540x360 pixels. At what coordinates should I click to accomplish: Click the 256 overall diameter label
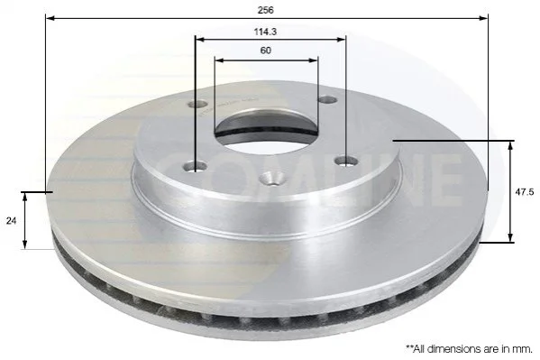266,10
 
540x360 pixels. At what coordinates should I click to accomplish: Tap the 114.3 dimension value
265,32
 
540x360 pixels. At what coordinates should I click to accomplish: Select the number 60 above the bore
266,51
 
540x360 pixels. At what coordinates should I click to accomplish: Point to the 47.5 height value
524,192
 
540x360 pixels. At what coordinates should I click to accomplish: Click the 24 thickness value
11,221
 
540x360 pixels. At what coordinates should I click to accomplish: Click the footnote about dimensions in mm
469,348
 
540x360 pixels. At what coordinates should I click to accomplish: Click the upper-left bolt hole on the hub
197,104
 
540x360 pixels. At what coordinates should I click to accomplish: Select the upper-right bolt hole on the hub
327,99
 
